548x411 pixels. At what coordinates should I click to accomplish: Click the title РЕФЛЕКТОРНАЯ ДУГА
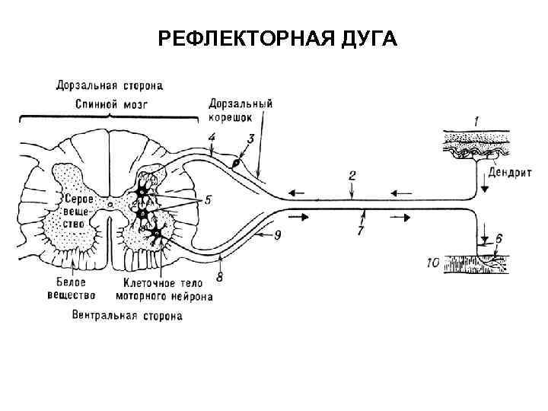pos(278,38)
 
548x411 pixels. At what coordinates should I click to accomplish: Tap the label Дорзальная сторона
pos(109,85)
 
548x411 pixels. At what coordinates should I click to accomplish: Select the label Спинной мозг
pos(109,102)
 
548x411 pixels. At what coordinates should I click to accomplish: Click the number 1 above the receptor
pos(476,121)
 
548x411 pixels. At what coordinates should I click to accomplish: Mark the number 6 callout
pos(499,238)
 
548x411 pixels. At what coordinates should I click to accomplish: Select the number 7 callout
pos(359,230)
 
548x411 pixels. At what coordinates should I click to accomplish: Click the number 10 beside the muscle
pos(433,263)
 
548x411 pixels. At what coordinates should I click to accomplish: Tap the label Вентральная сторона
pos(126,315)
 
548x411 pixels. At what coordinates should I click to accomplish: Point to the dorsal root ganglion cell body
pos(236,162)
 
